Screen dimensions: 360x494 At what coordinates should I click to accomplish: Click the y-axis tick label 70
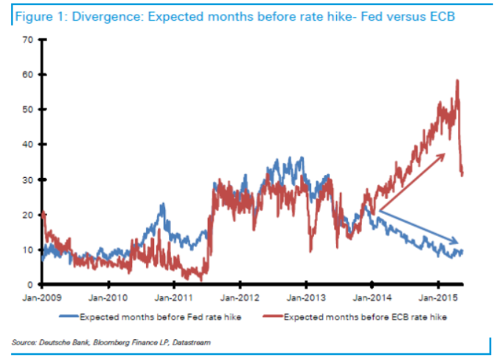click(27, 39)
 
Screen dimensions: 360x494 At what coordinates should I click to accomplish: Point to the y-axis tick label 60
click(27, 75)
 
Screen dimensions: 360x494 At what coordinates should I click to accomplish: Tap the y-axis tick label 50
click(27, 109)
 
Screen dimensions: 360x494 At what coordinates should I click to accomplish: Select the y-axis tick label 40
click(27, 145)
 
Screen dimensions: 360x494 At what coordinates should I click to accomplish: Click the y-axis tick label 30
click(27, 179)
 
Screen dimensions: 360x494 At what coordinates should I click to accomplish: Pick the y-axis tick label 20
click(27, 215)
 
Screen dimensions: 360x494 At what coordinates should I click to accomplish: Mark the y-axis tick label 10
click(27, 249)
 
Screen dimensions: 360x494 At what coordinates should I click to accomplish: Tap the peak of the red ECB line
click(458, 80)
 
